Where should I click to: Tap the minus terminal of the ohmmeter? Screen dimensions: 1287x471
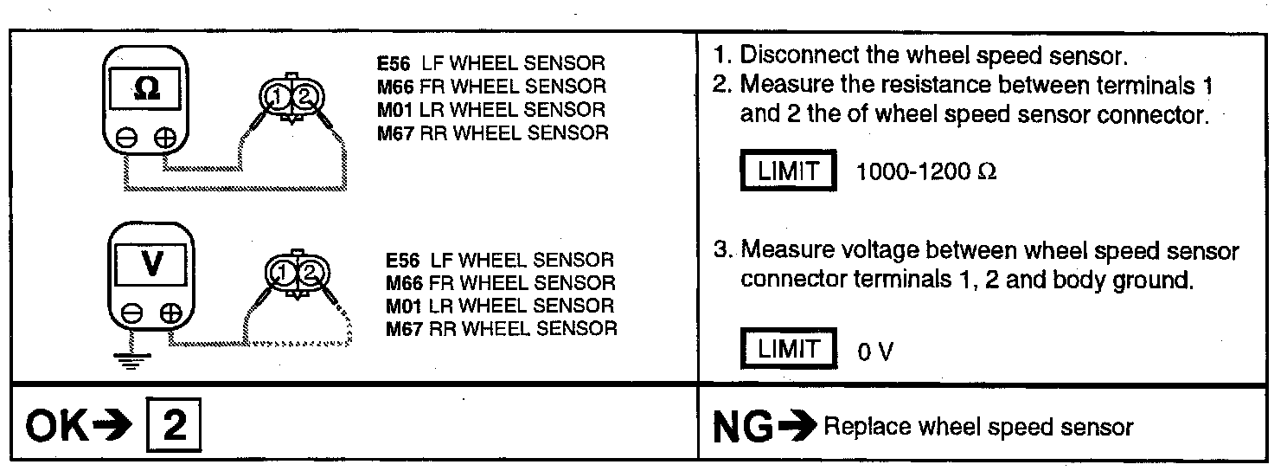[x=127, y=137]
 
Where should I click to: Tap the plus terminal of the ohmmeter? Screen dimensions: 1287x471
[x=165, y=137]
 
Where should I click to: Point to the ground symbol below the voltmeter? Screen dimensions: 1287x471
[x=131, y=360]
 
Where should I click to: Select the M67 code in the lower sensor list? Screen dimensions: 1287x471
[x=404, y=328]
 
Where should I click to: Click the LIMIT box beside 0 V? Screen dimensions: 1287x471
[x=787, y=349]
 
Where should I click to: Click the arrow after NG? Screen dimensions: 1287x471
[x=797, y=427]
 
